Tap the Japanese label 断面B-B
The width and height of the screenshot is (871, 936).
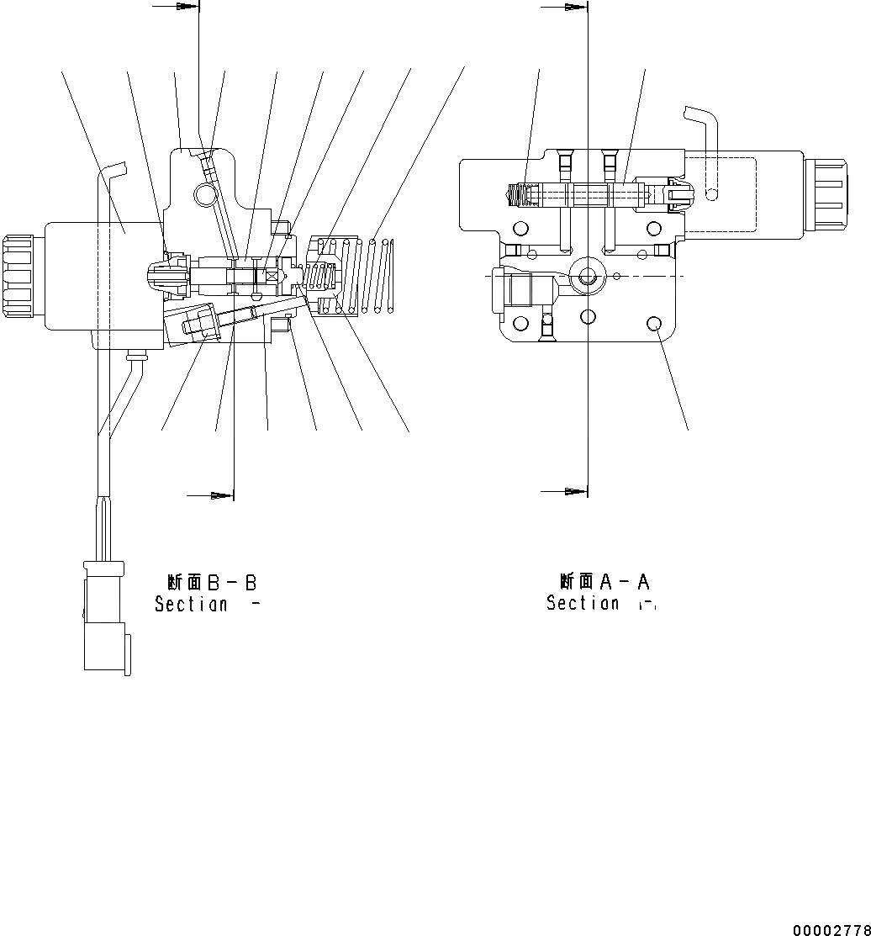211,582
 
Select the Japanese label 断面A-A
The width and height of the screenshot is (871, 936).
604,581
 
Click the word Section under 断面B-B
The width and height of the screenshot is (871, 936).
191,604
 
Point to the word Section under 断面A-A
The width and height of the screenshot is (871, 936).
583,603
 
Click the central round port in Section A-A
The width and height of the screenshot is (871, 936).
588,276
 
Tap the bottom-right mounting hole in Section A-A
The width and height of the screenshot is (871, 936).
653,322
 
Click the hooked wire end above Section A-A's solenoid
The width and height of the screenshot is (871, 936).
704,135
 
